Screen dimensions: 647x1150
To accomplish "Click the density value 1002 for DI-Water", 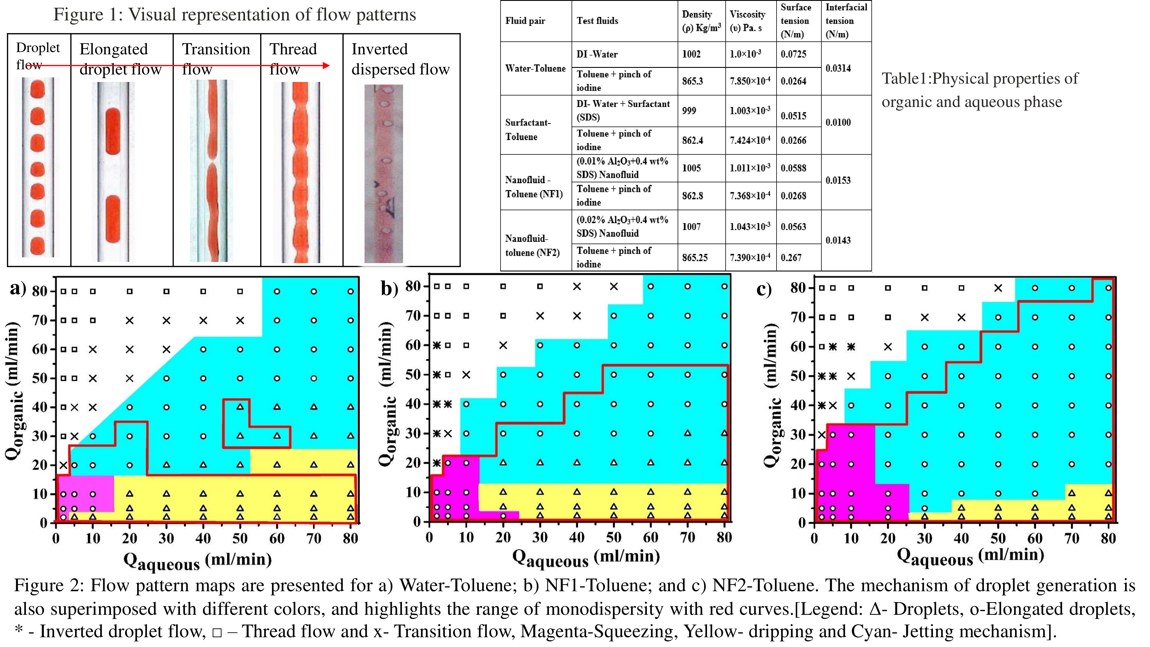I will click(691, 54).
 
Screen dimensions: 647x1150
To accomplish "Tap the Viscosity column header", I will click(747, 20).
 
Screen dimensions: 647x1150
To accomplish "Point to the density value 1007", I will click(691, 226).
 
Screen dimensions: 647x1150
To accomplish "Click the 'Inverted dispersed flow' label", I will click(400, 59).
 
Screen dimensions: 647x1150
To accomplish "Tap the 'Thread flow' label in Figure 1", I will click(293, 59).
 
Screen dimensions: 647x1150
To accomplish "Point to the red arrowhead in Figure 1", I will click(326, 66).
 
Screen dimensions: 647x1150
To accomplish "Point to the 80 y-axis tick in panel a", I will click(39, 291).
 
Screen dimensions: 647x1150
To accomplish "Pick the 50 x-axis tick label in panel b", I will click(614, 537).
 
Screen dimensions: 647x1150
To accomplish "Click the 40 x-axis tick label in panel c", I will click(961, 538).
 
